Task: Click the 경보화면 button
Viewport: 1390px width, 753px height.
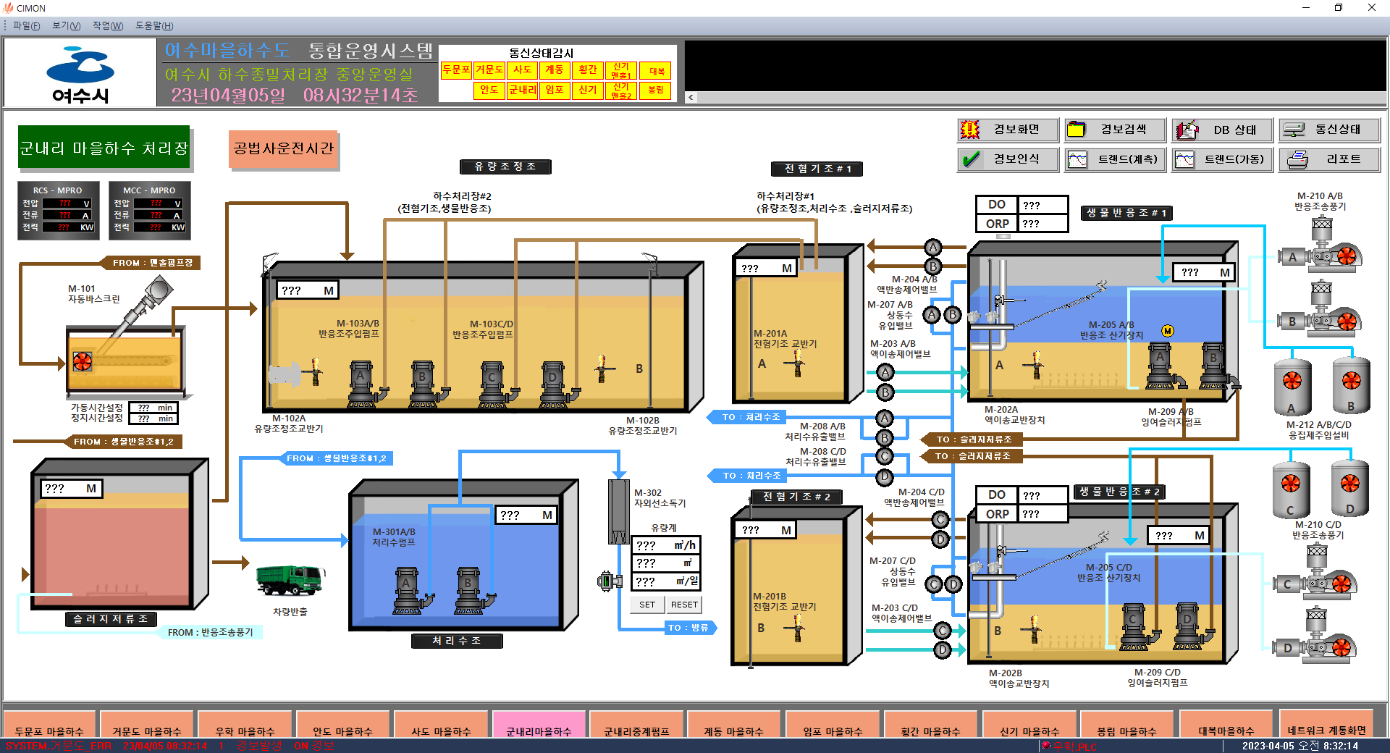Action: [1007, 130]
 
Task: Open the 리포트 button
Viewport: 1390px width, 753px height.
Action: [1329, 159]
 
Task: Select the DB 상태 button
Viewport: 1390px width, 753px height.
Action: [1222, 130]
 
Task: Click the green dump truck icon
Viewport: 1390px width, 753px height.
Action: [290, 580]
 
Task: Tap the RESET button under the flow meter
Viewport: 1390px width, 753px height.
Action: [684, 605]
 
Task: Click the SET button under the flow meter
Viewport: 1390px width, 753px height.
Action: [647, 605]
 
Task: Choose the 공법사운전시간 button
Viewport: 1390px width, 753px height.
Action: [283, 148]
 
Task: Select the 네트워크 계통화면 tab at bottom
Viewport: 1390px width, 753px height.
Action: [1326, 730]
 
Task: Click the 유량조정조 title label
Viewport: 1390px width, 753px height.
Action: [505, 167]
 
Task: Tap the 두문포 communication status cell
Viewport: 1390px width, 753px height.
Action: [456, 70]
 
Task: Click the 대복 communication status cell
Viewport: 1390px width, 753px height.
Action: [656, 71]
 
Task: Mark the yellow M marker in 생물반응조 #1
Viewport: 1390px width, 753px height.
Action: [1168, 331]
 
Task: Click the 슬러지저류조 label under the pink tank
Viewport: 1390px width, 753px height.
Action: [111, 619]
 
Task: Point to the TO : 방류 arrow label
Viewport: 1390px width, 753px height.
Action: [689, 628]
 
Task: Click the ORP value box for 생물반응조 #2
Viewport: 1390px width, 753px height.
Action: [1042, 514]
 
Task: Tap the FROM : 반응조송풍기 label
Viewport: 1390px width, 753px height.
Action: [210, 632]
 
